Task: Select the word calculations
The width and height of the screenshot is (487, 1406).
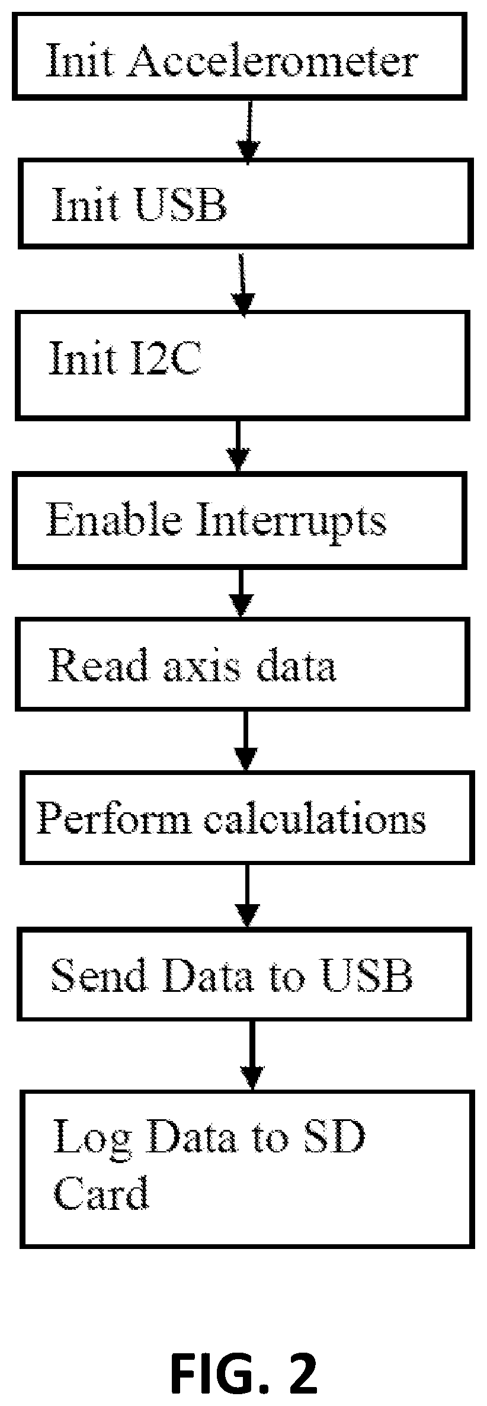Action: coord(316,819)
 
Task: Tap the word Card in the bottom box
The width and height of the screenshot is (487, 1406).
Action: coord(101,1192)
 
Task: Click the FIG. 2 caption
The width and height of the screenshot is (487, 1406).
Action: coord(243,1357)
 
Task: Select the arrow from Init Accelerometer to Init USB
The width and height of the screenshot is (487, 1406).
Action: coord(249,132)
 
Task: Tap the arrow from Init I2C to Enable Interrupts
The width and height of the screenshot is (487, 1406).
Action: coord(238,446)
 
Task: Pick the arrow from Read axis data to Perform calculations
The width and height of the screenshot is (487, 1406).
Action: coord(246,741)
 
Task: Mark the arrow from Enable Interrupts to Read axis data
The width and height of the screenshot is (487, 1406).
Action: coord(241,593)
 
